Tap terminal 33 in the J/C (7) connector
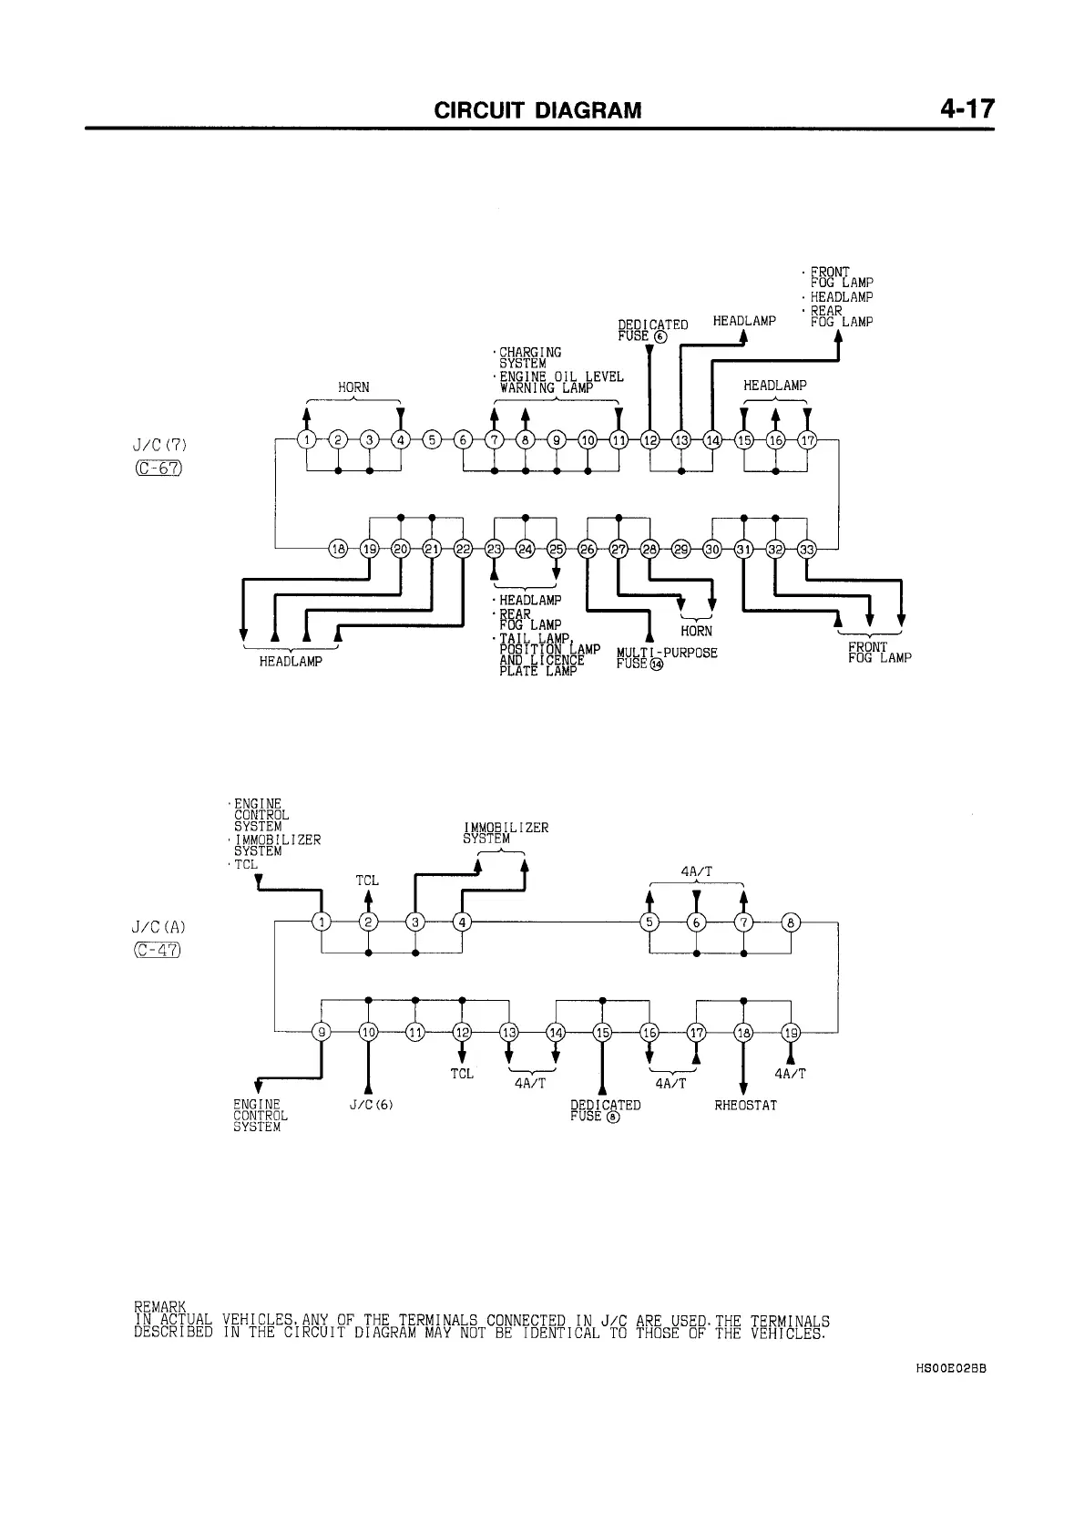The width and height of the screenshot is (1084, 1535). pos(807,549)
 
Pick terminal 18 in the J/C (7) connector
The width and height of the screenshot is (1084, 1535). pos(338,549)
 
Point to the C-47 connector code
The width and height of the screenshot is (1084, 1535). pos(158,951)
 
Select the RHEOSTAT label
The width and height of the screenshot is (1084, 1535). pos(745,1106)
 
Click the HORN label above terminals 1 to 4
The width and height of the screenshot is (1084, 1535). pos(353,387)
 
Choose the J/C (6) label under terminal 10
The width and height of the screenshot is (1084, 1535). pos(370,1106)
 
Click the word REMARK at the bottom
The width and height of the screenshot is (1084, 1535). pos(159,1308)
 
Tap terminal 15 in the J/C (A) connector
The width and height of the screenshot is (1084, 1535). pos(603,1032)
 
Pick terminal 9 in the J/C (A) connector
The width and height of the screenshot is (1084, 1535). pos(322,1032)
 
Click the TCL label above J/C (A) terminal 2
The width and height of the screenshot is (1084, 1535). pos(367,881)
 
